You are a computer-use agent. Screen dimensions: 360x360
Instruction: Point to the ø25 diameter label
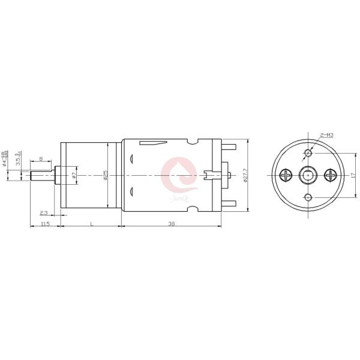(106, 175)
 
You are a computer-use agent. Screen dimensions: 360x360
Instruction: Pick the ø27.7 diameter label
(245, 175)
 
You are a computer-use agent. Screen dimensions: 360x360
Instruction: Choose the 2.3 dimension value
(44, 212)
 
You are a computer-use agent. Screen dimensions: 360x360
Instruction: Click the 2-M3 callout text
(328, 135)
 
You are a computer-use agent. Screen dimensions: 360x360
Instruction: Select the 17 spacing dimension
(353, 175)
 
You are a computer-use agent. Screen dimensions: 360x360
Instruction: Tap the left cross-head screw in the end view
(285, 175)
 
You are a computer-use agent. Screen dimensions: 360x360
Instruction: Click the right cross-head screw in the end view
(330, 175)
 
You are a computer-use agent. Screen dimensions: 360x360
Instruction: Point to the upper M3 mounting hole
(308, 151)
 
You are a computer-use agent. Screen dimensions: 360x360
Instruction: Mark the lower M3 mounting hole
(308, 198)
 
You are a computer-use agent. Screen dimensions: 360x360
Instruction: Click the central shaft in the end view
(308, 175)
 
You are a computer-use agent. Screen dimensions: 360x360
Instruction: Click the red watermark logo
(178, 174)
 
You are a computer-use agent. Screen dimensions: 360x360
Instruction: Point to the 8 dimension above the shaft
(41, 159)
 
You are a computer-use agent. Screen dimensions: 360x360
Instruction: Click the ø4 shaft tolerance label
(5, 159)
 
